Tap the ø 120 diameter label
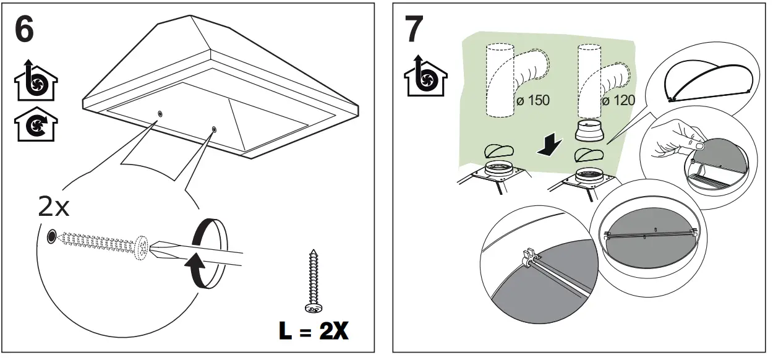coord(618,100)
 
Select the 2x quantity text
coord(54,207)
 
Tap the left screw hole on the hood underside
coord(161,114)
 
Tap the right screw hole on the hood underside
coord(214,129)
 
